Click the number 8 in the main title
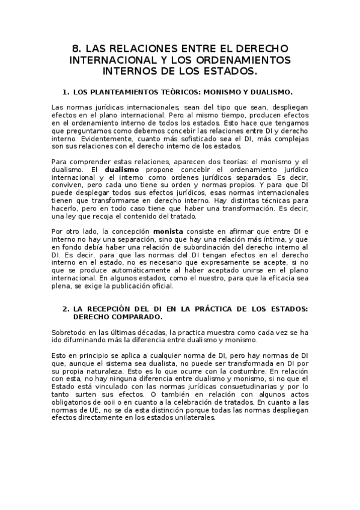(x=75, y=48)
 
